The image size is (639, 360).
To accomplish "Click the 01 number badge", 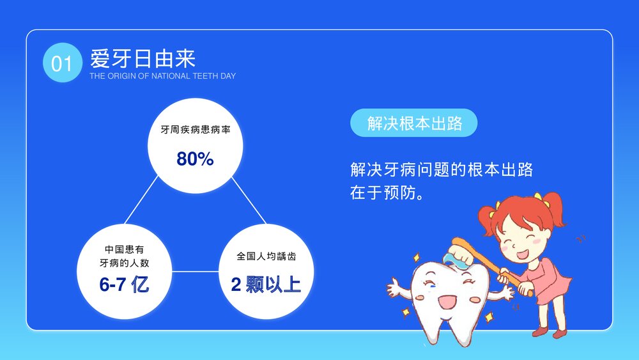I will (62, 63).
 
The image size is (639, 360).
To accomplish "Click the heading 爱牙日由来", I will (142, 59).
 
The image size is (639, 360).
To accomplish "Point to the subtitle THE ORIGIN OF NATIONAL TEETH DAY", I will (162, 76).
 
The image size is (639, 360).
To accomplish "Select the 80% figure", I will (195, 159).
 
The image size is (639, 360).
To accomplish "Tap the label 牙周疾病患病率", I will (195, 130).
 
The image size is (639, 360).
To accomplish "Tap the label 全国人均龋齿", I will (266, 256).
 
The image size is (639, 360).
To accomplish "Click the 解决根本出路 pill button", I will (414, 123).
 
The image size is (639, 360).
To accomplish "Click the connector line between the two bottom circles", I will (196, 271).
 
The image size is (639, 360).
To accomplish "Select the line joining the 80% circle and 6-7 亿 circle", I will (141, 201).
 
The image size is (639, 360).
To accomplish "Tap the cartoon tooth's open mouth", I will (445, 301).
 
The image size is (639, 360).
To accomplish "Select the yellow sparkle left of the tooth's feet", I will (405, 312).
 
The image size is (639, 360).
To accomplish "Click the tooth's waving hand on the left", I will (397, 286).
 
